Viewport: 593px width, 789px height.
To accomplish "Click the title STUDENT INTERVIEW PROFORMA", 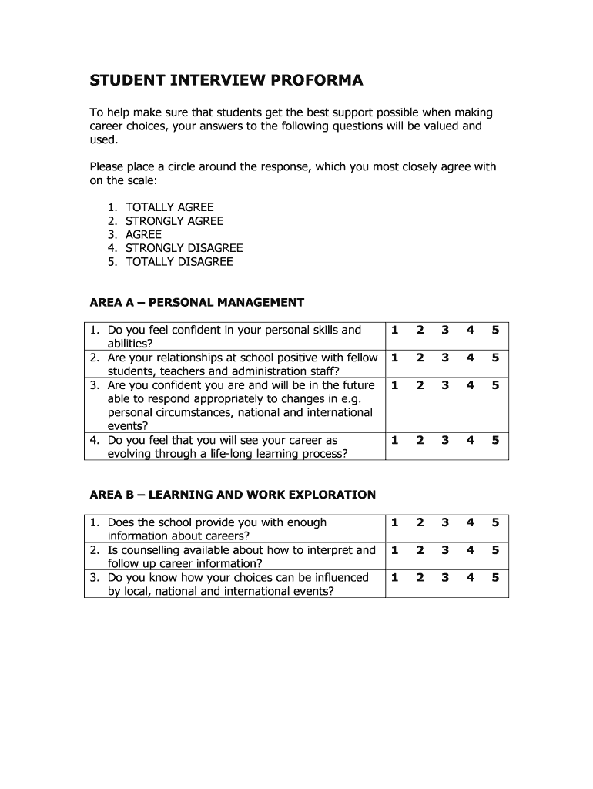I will (226, 80).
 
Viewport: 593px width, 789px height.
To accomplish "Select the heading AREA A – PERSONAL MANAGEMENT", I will (197, 302).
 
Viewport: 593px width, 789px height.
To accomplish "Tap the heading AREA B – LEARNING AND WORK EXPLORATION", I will (233, 495).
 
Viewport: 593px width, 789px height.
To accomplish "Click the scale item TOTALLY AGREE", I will (169, 207).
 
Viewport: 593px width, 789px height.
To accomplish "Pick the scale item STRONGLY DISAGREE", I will (184, 248).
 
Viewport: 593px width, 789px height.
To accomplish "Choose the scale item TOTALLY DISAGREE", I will (179, 261).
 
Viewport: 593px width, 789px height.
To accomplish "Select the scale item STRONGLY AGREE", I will (175, 221).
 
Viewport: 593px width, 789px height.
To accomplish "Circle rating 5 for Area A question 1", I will (495, 331).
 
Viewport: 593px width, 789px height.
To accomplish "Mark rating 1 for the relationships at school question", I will (394, 358).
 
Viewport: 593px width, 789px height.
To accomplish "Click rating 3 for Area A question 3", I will (445, 385).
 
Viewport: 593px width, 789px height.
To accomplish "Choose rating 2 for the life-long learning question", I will (420, 441).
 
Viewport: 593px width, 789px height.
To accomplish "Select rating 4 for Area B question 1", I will (471, 522).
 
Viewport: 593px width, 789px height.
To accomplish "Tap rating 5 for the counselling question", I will (495, 550).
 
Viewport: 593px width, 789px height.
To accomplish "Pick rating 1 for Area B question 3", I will (394, 578).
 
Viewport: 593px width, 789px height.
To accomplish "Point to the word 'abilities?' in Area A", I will (130, 344).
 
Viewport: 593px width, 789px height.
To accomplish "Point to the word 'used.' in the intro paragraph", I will (105, 139).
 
